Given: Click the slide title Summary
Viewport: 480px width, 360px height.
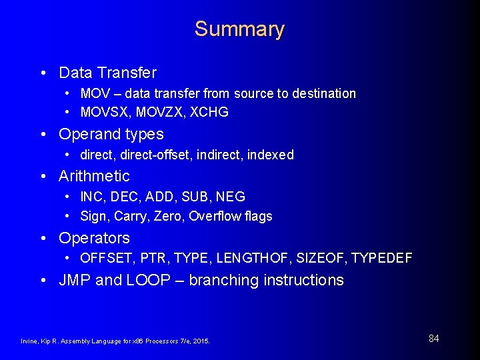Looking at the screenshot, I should coord(239,29).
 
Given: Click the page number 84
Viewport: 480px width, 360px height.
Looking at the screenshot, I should coord(433,339).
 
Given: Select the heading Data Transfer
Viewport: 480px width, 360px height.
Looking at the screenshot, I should coord(107,72).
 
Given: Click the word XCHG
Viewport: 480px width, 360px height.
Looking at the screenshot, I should coord(209,112).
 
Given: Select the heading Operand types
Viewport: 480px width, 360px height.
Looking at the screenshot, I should coord(111,134).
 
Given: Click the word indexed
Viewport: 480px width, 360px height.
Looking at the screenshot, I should coord(270,155).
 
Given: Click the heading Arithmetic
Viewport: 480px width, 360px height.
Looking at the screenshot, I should coord(94,176).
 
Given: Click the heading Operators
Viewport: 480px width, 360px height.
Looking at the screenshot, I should coord(94,238).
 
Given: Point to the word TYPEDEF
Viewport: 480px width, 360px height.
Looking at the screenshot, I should coord(382,258).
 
